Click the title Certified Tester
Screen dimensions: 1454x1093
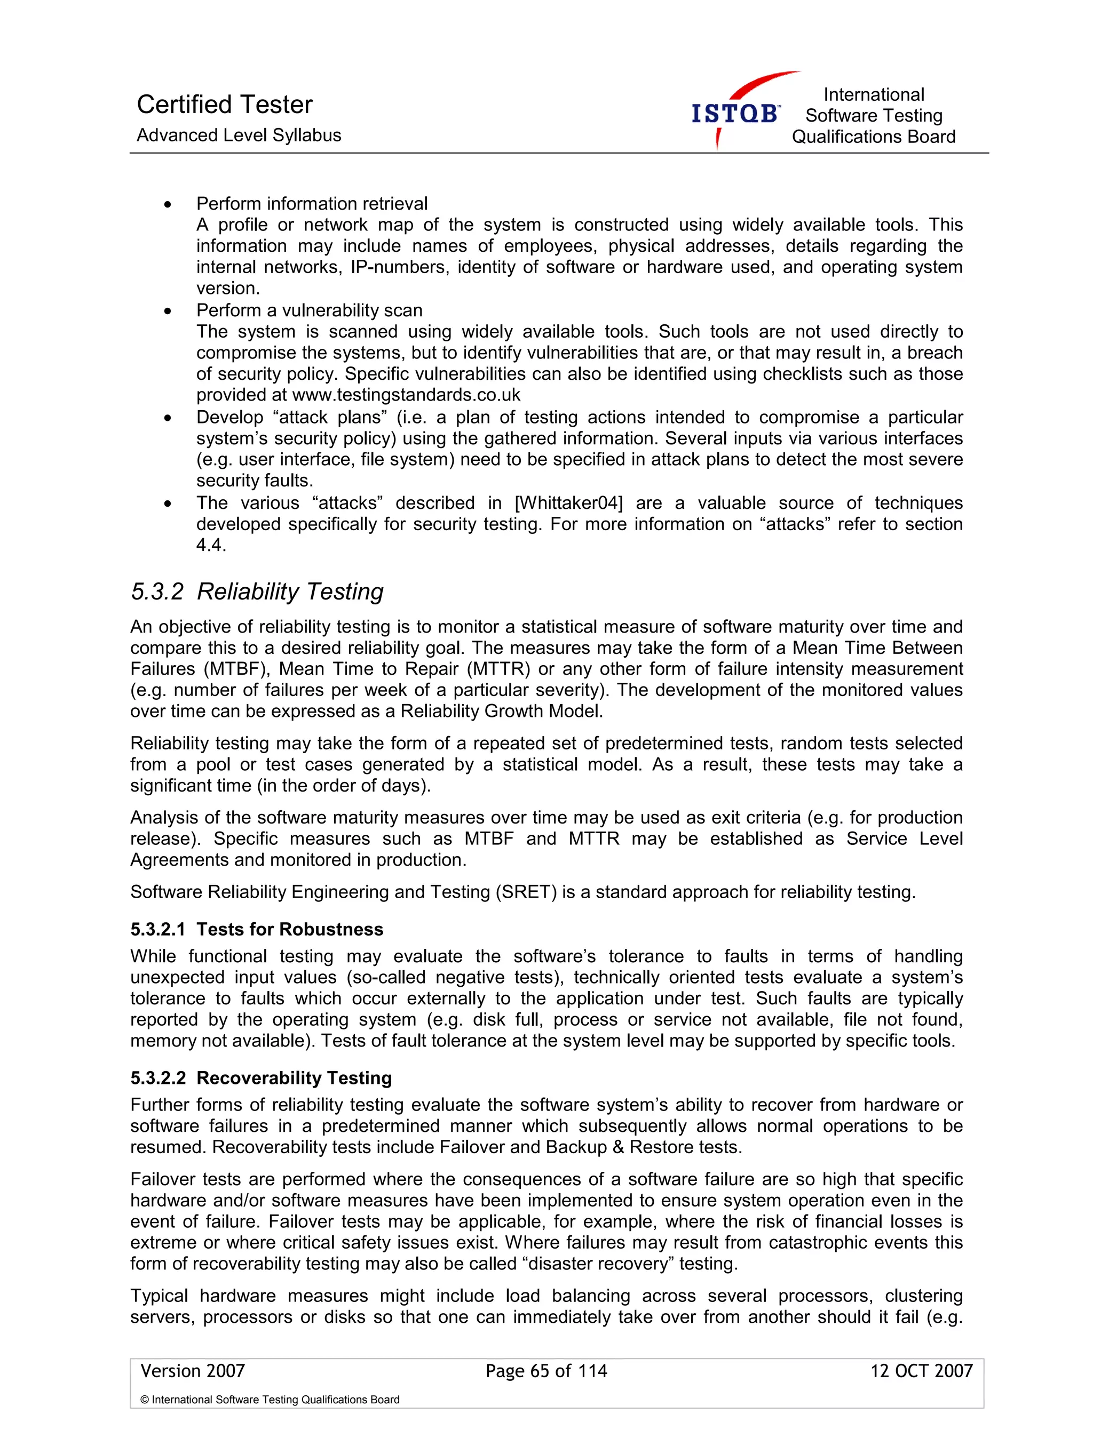pos(224,105)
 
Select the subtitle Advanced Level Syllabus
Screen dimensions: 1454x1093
pos(239,135)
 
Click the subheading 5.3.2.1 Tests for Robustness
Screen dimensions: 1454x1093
pos(257,929)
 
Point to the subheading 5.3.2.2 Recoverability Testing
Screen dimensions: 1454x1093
pos(260,1077)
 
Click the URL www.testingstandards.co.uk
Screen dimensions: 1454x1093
pos(406,395)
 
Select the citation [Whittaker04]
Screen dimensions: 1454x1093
pos(568,503)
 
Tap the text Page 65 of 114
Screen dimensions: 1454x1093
pos(546,1370)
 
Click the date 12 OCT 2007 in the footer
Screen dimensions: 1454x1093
pos(921,1370)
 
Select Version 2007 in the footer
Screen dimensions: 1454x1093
pos(192,1370)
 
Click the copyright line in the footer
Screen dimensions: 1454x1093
pos(270,1400)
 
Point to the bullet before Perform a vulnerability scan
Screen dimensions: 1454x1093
pos(168,311)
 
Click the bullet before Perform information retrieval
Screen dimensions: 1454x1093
pos(168,204)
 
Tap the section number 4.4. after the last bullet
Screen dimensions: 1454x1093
pos(210,545)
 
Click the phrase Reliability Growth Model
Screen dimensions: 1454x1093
pos(501,711)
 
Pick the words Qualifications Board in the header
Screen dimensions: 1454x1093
pos(873,137)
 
